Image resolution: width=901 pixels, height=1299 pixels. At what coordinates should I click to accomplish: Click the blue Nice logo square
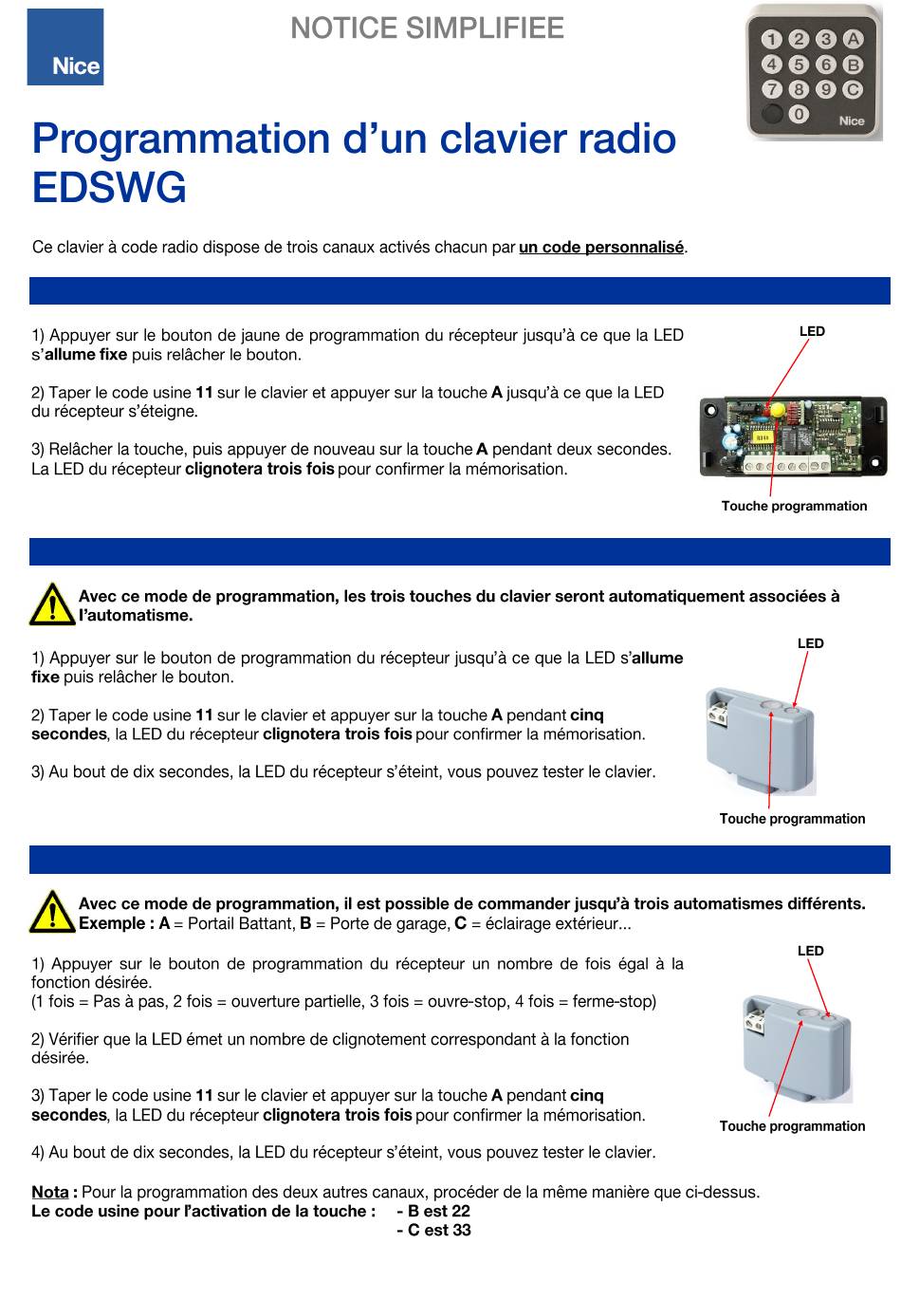[64, 47]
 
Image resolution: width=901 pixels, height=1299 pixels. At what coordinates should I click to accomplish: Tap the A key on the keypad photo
[853, 39]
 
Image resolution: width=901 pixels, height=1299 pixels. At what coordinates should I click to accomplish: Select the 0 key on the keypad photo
[798, 114]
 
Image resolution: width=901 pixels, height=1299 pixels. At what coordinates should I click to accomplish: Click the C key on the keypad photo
[853, 89]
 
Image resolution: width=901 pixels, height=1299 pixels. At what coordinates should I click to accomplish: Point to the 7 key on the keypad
[770, 89]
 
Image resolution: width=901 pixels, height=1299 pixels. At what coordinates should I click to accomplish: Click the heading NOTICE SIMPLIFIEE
[427, 28]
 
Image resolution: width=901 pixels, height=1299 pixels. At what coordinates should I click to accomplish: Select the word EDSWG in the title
[109, 187]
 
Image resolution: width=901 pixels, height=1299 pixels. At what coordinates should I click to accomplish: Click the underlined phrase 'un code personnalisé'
[600, 248]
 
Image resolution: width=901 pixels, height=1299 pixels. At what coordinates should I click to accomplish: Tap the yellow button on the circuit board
[778, 410]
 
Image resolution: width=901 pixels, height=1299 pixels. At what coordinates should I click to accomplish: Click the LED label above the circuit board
[811, 331]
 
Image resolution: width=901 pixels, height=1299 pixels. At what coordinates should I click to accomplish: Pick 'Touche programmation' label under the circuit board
[794, 507]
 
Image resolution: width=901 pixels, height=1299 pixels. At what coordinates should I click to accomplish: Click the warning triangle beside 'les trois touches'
[52, 604]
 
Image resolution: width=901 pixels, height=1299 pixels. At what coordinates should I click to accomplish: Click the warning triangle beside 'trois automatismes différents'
[52, 912]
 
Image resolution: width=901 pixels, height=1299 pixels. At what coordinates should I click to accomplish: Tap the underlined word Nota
[50, 1193]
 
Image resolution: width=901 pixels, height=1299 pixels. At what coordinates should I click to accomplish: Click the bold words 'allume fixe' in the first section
[85, 354]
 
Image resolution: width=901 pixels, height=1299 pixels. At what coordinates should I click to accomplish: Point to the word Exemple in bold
[113, 923]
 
